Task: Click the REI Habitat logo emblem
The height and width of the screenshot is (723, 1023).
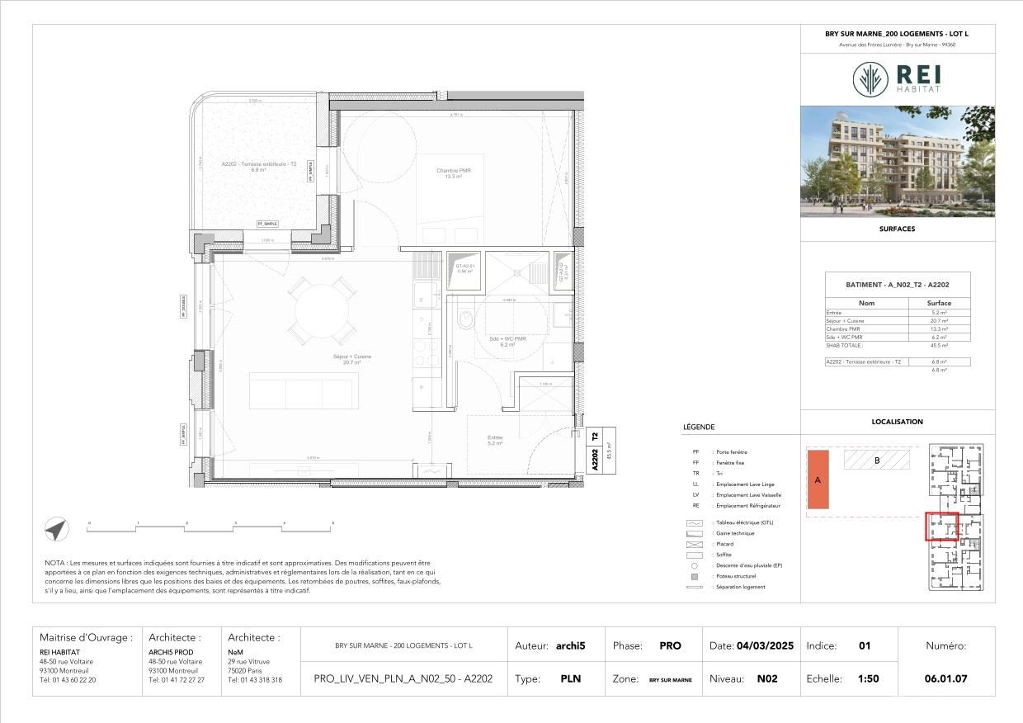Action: tap(870, 79)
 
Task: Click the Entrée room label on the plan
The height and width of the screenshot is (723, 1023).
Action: tap(495, 440)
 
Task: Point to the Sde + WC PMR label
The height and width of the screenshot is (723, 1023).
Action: tap(507, 341)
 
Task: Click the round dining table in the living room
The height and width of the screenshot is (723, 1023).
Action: tap(322, 309)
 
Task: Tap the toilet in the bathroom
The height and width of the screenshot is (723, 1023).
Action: tap(466, 317)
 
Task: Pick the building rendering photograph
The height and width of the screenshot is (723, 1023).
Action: tap(897, 161)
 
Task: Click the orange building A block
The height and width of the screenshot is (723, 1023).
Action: tap(818, 479)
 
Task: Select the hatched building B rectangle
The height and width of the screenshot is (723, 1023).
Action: tap(876, 460)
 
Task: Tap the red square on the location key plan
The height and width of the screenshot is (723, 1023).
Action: tap(941, 527)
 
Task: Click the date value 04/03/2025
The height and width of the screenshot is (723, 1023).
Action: tap(765, 646)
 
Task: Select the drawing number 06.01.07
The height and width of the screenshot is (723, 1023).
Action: tap(946, 679)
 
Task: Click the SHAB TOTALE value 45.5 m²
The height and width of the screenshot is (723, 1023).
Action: tap(939, 345)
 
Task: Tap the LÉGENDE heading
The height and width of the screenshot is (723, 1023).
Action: tap(699, 428)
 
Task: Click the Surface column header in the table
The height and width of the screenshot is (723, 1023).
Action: tap(939, 303)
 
